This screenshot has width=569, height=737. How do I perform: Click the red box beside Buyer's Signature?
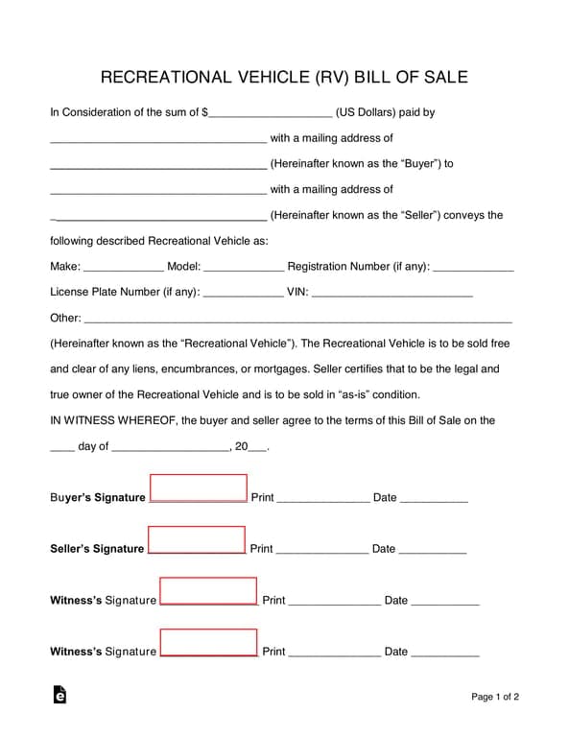[x=199, y=487]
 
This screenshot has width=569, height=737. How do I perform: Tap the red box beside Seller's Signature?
[x=197, y=539]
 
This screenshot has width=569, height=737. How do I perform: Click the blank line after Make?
[x=124, y=270]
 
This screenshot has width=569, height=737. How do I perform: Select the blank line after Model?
[x=244, y=270]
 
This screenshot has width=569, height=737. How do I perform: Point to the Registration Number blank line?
[x=473, y=270]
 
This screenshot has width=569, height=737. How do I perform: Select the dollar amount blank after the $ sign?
[x=270, y=115]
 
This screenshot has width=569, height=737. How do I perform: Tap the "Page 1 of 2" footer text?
[x=495, y=697]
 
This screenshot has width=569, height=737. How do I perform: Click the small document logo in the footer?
[x=59, y=696]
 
